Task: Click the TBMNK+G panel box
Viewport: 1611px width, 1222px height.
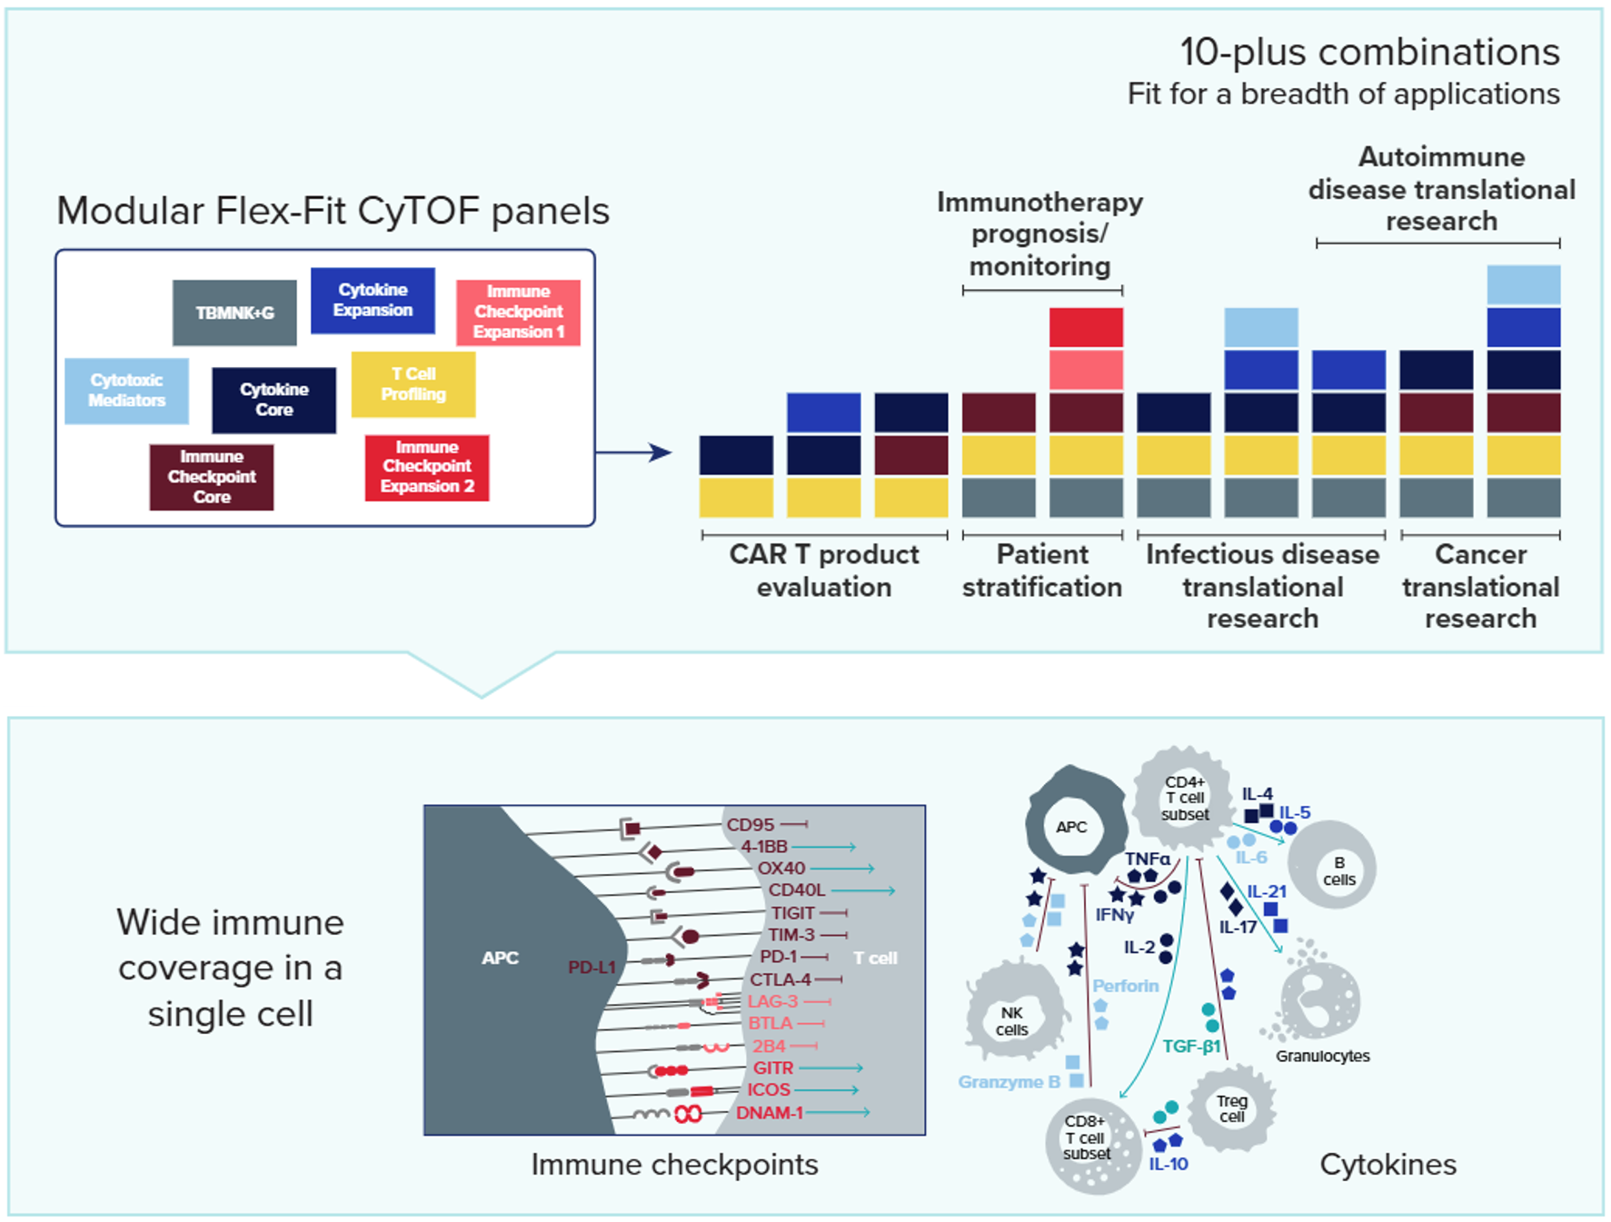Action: pos(234,313)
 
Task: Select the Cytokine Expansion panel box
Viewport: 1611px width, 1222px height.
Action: pos(373,301)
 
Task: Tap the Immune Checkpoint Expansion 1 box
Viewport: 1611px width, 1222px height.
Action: pos(518,313)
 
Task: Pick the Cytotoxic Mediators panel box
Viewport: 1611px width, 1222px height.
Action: pos(126,391)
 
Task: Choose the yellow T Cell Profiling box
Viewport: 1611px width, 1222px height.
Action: pos(413,384)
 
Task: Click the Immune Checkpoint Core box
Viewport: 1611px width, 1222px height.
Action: pos(212,477)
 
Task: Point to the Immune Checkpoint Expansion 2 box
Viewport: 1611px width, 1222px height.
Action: pos(427,468)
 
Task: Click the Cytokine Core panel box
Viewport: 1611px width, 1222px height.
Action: pos(273,400)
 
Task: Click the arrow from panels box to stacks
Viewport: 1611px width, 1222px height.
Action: pos(633,452)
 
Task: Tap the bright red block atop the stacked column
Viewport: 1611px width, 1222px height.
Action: pos(1086,327)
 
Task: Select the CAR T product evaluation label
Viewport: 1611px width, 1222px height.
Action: pos(824,571)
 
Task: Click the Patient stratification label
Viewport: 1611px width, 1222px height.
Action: pos(1042,571)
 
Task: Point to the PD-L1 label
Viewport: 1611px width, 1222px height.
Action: pos(592,968)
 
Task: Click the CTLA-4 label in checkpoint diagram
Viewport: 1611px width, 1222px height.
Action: pos(781,979)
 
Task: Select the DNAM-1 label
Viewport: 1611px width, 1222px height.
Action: pos(770,1113)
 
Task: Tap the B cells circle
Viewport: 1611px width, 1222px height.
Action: pos(1333,866)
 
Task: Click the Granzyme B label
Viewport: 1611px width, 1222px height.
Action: pos(1009,1082)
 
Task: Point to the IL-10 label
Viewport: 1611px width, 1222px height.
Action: pos(1168,1164)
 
